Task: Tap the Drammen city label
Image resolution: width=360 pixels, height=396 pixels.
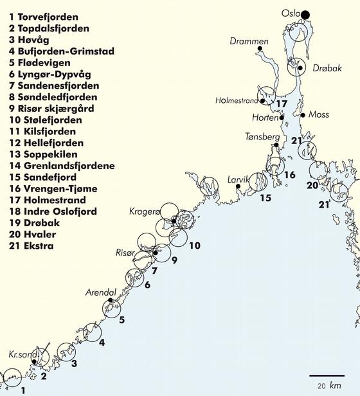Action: [x=249, y=42]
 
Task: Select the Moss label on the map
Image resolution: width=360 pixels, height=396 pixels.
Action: [x=319, y=115]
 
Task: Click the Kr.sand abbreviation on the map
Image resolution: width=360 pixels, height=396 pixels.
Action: [x=20, y=354]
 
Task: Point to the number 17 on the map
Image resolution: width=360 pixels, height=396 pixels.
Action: [x=281, y=103]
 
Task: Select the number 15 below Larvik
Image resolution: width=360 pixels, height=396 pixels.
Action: [x=265, y=197]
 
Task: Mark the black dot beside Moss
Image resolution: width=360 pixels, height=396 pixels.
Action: [x=303, y=115]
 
